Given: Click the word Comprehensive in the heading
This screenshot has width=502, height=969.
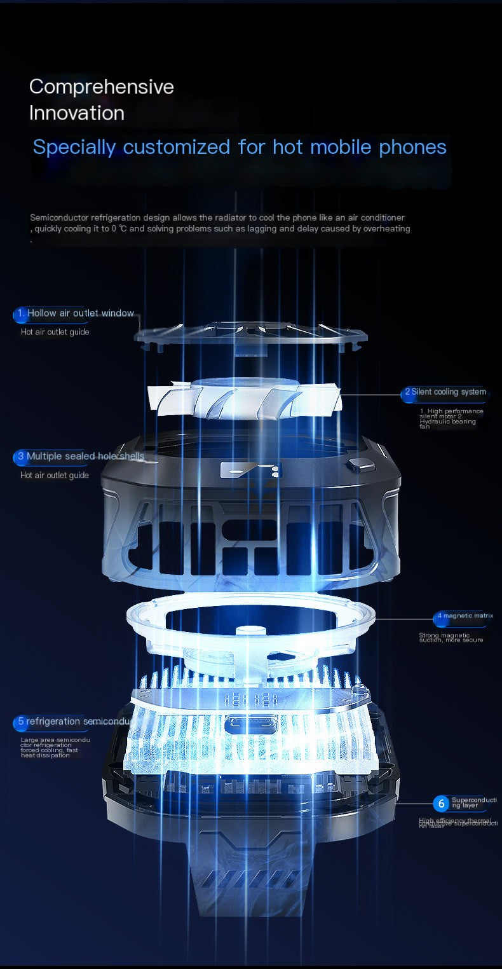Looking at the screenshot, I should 102,86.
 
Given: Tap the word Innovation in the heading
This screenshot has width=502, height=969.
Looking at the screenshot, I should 77,113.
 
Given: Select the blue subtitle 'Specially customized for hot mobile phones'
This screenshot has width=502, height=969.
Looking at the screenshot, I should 240,147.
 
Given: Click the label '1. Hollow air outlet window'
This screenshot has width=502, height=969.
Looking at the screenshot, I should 75,313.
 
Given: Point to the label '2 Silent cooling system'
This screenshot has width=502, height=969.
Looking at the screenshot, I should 445,392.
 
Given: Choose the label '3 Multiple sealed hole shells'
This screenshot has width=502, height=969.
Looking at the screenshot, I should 79,457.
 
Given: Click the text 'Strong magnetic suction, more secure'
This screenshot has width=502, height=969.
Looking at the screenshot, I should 451,637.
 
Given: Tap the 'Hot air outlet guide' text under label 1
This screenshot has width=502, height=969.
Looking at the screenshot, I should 55,332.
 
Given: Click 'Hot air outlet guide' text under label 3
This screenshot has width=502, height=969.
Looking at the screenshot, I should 55,475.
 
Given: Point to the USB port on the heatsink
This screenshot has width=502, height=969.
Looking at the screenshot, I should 252,723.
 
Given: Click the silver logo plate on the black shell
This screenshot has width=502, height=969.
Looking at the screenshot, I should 245,470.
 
